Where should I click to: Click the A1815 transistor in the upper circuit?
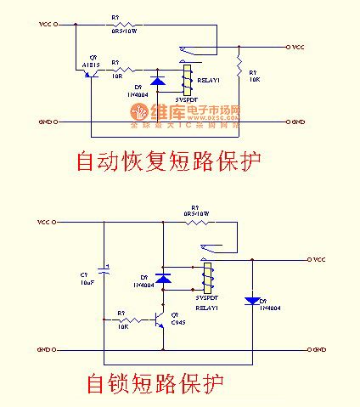click(92, 74)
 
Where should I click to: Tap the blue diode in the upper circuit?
click(157, 82)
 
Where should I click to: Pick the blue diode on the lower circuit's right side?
click(251, 300)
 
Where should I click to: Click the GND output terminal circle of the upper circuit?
click(290, 122)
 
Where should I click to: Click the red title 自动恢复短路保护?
click(167, 161)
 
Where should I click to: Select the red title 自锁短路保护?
click(155, 384)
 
